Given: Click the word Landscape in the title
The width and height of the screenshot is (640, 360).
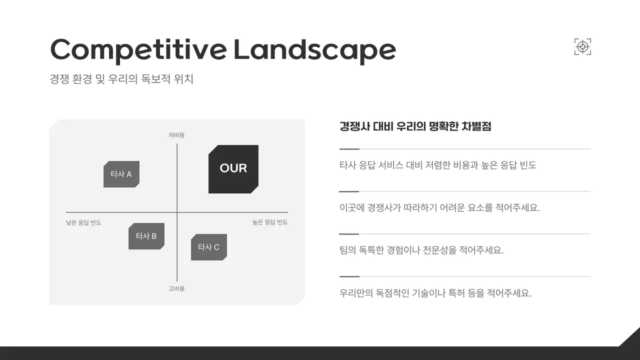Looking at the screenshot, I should pyautogui.click(x=314, y=49).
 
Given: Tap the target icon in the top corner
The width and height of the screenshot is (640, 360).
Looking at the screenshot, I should pyautogui.click(x=582, y=47).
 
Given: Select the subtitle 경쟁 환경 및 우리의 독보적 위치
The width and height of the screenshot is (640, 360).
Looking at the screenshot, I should pyautogui.click(x=121, y=79).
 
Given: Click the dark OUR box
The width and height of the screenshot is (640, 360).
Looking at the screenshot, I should pyautogui.click(x=233, y=169).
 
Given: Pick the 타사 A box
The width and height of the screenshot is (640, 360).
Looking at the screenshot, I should pyautogui.click(x=121, y=174).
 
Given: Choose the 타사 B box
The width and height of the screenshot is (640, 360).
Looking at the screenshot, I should pyautogui.click(x=146, y=236).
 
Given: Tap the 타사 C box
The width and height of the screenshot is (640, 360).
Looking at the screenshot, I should pyautogui.click(x=208, y=247).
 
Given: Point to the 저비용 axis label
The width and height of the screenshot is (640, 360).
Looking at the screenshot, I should pyautogui.click(x=176, y=135).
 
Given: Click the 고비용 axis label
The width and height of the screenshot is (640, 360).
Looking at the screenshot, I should pyautogui.click(x=176, y=288).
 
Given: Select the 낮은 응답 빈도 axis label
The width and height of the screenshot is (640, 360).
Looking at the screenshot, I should pyautogui.click(x=83, y=222).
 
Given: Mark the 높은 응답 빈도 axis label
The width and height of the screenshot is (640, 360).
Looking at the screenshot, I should pyautogui.click(x=270, y=222).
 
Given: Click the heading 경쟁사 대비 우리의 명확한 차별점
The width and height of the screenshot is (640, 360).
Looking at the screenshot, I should pyautogui.click(x=415, y=126).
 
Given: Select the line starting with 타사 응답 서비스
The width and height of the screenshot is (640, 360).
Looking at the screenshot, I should pyautogui.click(x=437, y=165).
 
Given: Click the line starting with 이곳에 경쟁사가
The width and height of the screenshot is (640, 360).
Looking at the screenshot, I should pyautogui.click(x=439, y=207).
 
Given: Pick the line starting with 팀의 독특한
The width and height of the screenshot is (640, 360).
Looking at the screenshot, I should pyautogui.click(x=421, y=250).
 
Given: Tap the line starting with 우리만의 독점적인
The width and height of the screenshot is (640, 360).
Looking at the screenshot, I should pyautogui.click(x=435, y=292).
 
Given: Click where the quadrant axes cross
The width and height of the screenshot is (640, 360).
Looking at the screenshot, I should pyautogui.click(x=177, y=212).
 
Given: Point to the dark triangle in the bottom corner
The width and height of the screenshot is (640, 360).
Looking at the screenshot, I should pyautogui.click(x=631, y=338).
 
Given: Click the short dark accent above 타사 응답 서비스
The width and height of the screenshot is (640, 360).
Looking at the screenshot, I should pyautogui.click(x=349, y=149).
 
